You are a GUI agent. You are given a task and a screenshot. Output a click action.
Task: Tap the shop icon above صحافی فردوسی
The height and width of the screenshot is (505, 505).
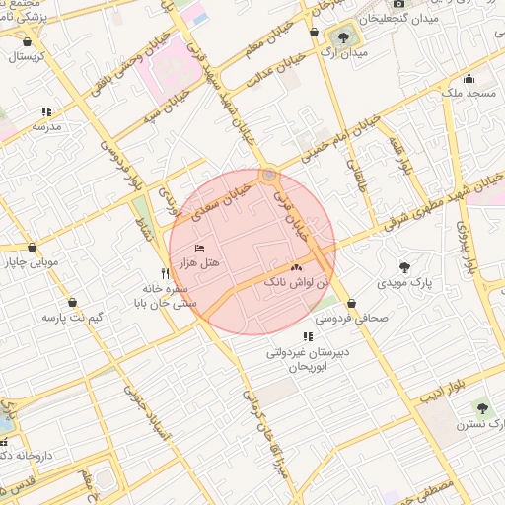[352, 303]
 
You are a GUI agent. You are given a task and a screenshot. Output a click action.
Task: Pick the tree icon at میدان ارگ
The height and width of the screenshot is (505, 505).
[342, 37]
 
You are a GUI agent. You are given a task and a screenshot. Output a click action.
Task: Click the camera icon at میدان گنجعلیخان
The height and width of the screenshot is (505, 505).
[398, 4]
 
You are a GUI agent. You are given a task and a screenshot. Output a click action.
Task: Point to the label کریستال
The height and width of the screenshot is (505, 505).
[31, 57]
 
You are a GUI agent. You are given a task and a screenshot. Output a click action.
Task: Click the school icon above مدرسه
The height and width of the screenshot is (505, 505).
[46, 111]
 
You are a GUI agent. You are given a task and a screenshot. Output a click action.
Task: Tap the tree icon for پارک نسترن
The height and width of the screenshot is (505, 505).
[482, 407]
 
